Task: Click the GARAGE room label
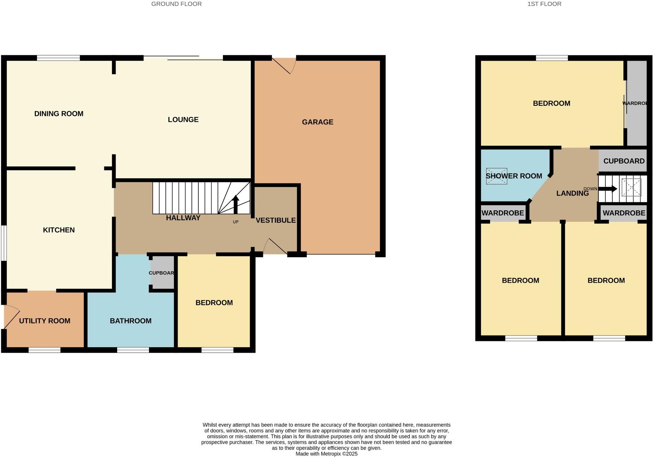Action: (317, 122)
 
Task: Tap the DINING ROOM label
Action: (59, 113)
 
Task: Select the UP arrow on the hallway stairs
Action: (236, 205)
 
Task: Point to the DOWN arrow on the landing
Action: (608, 189)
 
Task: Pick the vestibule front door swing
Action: (276, 246)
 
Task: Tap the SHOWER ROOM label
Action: (514, 176)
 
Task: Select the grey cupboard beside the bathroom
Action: (163, 273)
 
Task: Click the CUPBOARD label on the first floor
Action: (624, 161)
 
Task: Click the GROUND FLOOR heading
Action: (176, 4)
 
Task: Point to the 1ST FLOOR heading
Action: (544, 4)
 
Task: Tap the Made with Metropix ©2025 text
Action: (326, 454)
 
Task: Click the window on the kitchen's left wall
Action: (3, 243)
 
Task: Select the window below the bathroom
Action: (133, 350)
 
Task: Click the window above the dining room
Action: (58, 57)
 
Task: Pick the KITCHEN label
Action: (59, 230)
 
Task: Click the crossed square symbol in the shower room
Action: (496, 176)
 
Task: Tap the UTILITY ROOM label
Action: (45, 321)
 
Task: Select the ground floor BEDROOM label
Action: (214, 303)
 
